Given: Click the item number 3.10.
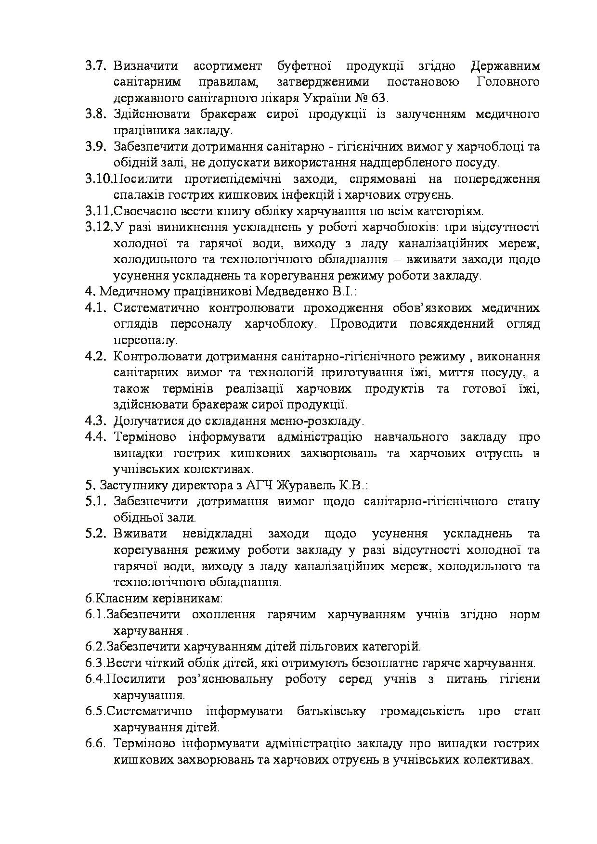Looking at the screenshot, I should [x=99, y=179].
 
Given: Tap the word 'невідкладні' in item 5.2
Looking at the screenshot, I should [x=220, y=534].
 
